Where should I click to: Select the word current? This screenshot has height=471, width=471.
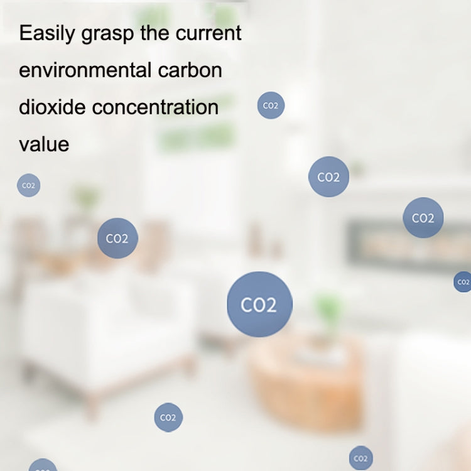tap(209, 33)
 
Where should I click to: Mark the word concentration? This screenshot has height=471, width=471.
tap(156, 107)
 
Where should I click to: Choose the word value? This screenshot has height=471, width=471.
tap(44, 144)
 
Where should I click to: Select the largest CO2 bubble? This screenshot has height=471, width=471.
tap(259, 305)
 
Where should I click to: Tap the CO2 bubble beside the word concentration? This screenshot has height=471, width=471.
tap(271, 106)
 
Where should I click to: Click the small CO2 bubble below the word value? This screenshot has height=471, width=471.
tap(28, 185)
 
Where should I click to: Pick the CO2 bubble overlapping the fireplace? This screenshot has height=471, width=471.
tap(423, 218)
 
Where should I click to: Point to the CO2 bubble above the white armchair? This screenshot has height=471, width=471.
tap(117, 239)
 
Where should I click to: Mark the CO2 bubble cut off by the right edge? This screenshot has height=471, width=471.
tap(463, 282)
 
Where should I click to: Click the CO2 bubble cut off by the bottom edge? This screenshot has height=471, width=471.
tap(43, 466)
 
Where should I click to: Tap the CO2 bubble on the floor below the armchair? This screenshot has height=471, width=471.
tap(168, 418)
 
